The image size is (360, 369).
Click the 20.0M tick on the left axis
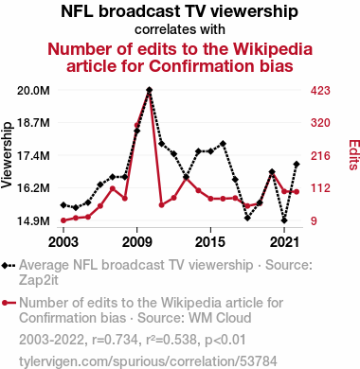[33, 91]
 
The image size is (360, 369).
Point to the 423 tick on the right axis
[320, 91]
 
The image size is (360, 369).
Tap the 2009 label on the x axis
[137, 242]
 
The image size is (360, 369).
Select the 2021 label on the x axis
[284, 242]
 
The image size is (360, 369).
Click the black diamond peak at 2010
[150, 90]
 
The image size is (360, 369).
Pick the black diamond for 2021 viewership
[284, 220]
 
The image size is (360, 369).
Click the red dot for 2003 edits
[63, 220]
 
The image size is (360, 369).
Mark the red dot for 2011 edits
[162, 205]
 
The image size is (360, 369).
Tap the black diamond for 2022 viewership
[297, 165]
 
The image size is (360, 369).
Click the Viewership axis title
[7, 155]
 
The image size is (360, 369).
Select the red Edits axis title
[354, 155]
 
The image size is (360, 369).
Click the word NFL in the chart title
[77, 11]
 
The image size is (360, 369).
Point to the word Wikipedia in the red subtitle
[273, 49]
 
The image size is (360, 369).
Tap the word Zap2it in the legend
[39, 280]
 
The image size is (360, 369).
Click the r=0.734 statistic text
[115, 340]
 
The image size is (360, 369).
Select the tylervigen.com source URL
[148, 361]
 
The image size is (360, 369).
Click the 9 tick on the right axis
[314, 220]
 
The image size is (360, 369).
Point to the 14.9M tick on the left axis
[33, 220]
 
